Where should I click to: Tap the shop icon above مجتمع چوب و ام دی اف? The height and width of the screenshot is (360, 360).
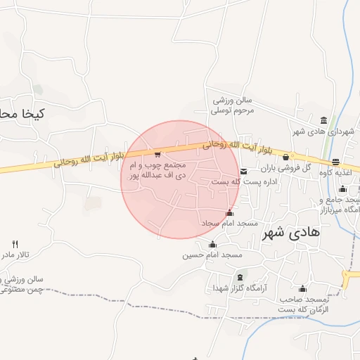tap(157, 154)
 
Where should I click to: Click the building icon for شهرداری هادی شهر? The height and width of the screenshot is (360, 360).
tap(323, 120)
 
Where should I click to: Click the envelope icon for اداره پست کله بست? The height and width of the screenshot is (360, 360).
tap(244, 171)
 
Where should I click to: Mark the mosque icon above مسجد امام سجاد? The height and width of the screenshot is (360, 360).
tap(229, 213)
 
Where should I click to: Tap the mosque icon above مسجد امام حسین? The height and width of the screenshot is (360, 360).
tap(212, 244)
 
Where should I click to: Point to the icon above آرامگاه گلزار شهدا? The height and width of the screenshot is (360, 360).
tap(241, 277)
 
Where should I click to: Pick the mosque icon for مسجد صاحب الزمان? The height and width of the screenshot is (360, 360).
tap(303, 288)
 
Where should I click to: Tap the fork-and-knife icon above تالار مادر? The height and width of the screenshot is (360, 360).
tap(14, 243)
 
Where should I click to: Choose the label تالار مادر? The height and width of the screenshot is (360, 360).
tap(17, 253)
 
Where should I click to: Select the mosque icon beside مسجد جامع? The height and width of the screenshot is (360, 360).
tap(342, 188)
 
